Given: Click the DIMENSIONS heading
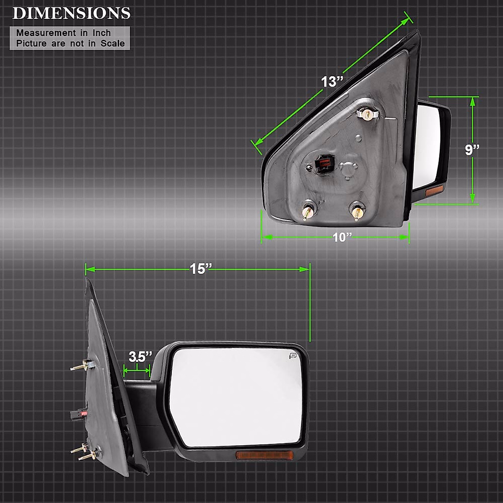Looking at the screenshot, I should click(x=71, y=13).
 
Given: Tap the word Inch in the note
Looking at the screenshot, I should click(x=101, y=33).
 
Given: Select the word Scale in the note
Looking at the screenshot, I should click(x=112, y=43).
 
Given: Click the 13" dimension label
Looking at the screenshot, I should click(x=332, y=81).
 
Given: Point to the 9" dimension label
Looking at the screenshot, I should click(x=472, y=150).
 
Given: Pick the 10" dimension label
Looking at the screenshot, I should click(x=342, y=237).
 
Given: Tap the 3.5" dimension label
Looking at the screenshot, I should click(x=140, y=357).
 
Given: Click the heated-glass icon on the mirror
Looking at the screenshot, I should click(x=292, y=356).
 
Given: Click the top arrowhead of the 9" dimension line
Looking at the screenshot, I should click(x=473, y=101).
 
